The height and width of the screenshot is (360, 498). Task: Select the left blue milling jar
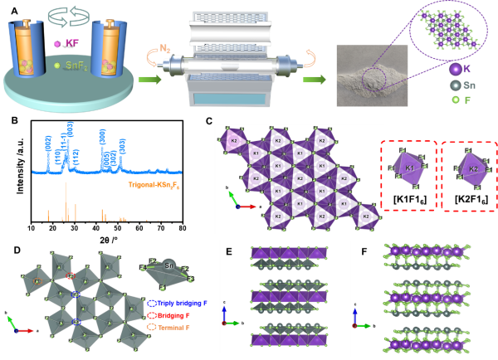29,51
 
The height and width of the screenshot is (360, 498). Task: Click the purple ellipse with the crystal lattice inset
440,30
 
